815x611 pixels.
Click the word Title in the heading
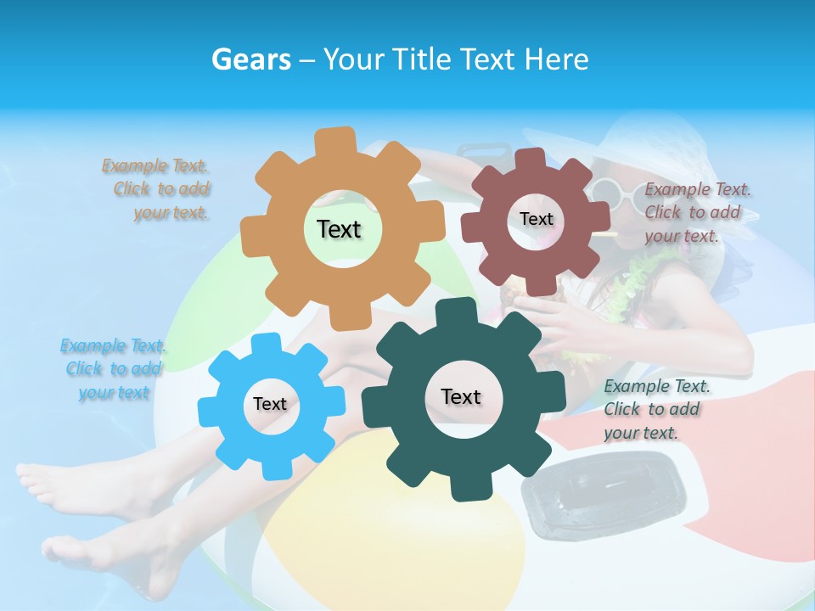(x=422, y=59)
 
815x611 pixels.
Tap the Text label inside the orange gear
(x=339, y=229)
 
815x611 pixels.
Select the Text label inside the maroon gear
(x=536, y=219)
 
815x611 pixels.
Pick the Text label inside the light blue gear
(x=270, y=404)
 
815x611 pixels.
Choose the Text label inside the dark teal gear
(x=461, y=396)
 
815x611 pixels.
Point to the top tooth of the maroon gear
(x=531, y=159)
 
